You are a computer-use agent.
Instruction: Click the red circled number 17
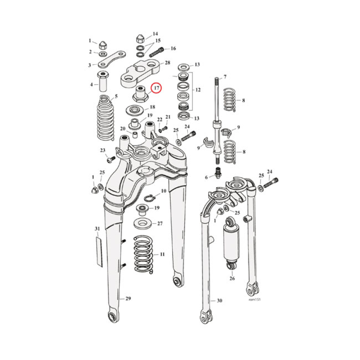[156, 88]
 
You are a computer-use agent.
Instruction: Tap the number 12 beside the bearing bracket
[196, 90]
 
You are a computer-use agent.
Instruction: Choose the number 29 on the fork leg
[128, 298]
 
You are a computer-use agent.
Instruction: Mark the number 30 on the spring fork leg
[219, 301]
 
